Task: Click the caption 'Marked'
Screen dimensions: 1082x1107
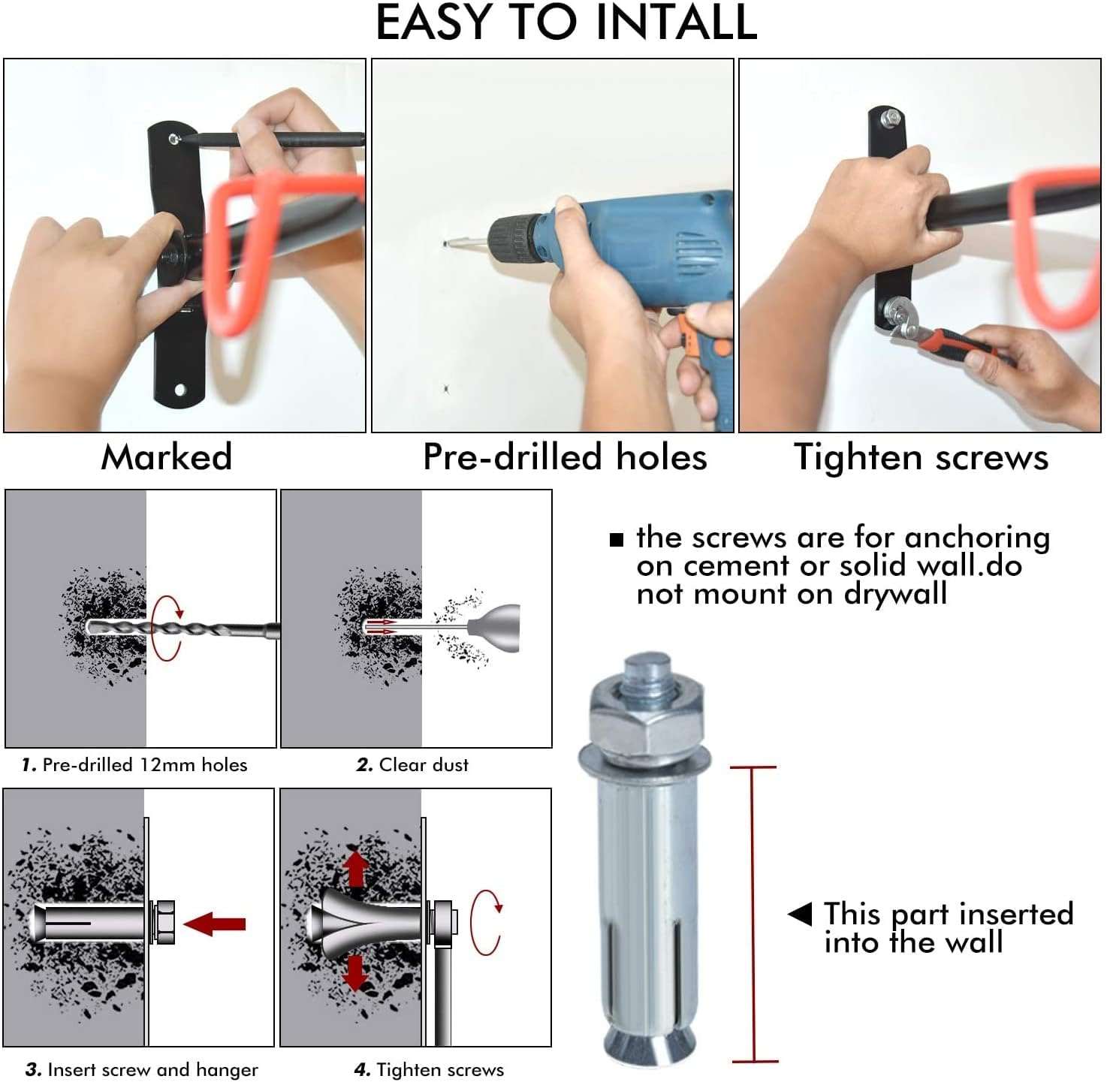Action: click(x=167, y=457)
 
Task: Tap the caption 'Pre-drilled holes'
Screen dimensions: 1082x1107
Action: click(x=565, y=457)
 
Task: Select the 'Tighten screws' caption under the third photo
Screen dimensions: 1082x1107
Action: click(x=921, y=457)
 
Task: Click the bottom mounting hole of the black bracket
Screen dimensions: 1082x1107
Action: click(x=179, y=390)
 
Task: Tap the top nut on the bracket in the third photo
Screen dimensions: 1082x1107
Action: click(x=891, y=116)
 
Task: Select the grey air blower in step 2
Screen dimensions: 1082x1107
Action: click(x=496, y=627)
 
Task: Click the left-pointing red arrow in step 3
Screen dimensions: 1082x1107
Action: click(x=216, y=924)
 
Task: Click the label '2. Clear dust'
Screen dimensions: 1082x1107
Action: click(x=412, y=765)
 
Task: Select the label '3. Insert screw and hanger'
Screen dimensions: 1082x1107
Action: click(x=142, y=1069)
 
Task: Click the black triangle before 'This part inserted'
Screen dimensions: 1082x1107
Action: click(x=801, y=914)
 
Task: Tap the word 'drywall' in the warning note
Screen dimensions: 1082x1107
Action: click(x=895, y=594)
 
